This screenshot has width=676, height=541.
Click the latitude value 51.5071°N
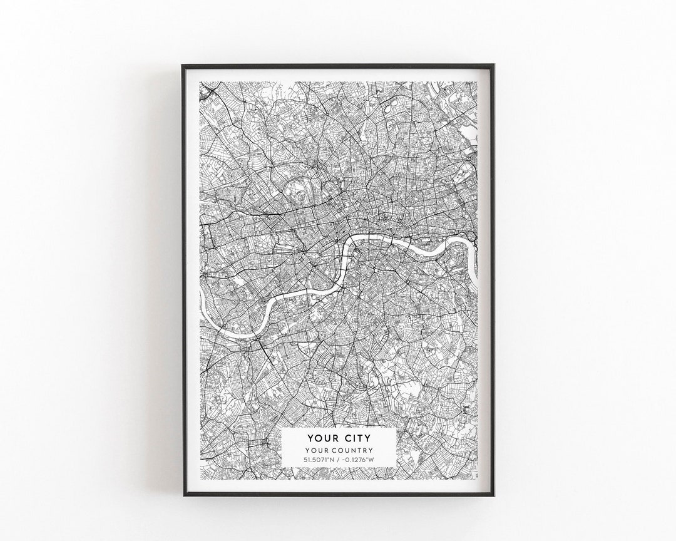click(x=320, y=460)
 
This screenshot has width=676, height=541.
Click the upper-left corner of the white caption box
click(x=282, y=429)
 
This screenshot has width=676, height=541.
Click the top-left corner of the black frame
click(x=183, y=63)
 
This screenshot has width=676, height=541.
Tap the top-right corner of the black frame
click(x=494, y=63)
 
